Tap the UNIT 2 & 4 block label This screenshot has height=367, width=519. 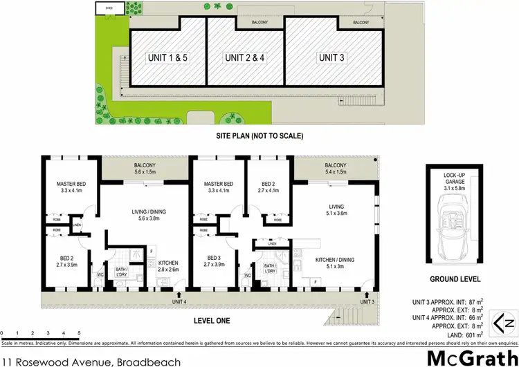(246, 57)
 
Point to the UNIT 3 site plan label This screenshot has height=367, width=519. (331, 57)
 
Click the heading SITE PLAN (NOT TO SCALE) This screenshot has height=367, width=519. (259, 136)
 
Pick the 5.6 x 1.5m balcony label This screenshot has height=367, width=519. (145, 169)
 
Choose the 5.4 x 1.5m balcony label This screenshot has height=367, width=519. (335, 169)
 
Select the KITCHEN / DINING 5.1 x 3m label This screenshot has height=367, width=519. (335, 263)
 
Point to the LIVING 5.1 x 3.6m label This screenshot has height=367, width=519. (336, 209)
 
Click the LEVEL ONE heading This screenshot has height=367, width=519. (210, 321)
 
